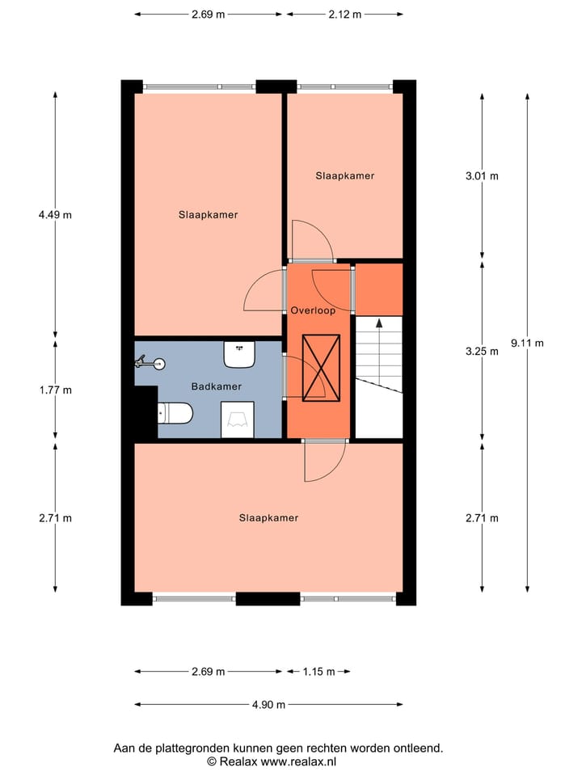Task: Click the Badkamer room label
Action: (x=216, y=386)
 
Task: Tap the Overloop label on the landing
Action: (x=313, y=310)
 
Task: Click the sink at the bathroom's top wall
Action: (x=239, y=353)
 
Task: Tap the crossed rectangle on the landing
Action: (x=321, y=368)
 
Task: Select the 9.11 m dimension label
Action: (x=527, y=342)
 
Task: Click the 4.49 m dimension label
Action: (x=55, y=215)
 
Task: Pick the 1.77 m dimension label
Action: (x=55, y=390)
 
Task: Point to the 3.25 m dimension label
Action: (x=483, y=352)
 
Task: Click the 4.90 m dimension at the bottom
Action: (x=268, y=704)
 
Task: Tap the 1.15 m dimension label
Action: (x=318, y=672)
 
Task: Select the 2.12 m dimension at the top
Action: (x=345, y=15)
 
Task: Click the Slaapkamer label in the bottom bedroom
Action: (x=268, y=518)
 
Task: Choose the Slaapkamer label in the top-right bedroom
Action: (x=345, y=175)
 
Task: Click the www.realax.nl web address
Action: (x=297, y=761)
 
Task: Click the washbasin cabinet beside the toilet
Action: (x=238, y=420)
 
